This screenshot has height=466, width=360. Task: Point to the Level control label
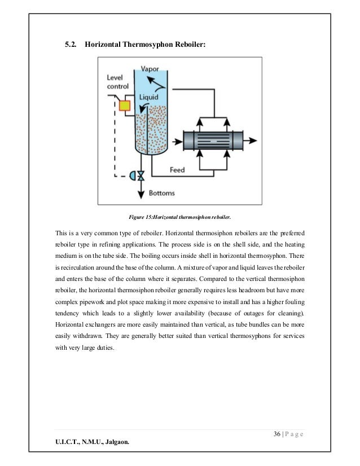point(117,82)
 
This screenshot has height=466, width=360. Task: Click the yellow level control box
point(125,105)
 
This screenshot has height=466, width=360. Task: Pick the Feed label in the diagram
point(180,169)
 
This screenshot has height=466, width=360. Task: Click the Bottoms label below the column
point(161,193)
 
